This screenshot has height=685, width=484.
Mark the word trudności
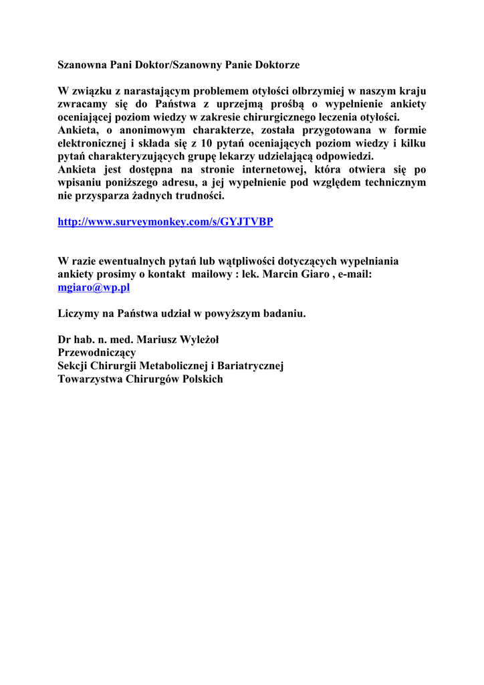click(197, 196)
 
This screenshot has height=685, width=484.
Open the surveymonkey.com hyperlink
click(165, 222)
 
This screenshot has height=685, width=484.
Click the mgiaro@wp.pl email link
click(94, 287)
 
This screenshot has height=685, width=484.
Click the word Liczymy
click(78, 313)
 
